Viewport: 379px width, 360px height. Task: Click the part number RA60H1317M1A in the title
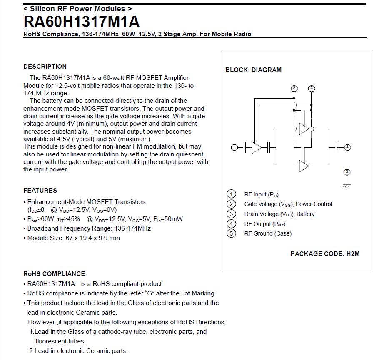pyautogui.click(x=82, y=22)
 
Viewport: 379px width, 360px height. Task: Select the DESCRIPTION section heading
pyautogui.click(x=45, y=67)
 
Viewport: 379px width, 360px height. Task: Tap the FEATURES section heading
pyautogui.click(x=40, y=191)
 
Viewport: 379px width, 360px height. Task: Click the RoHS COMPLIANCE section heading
pyautogui.click(x=54, y=274)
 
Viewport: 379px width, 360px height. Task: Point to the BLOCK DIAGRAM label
pyautogui.click(x=253, y=70)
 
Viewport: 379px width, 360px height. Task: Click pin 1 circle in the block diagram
pyautogui.click(x=234, y=147)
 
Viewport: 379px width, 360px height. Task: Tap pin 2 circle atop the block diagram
pyautogui.click(x=294, y=88)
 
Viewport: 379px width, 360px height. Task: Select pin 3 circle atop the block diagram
pyautogui.click(x=312, y=88)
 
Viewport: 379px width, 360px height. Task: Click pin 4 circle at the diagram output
pyautogui.click(x=347, y=147)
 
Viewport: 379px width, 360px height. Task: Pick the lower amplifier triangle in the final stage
pyautogui.click(x=304, y=166)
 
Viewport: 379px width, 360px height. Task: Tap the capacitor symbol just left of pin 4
pyautogui.click(x=336, y=147)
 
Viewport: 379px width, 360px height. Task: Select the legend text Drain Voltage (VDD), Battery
pyautogui.click(x=279, y=214)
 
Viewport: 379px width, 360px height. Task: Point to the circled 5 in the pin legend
pyautogui.click(x=231, y=233)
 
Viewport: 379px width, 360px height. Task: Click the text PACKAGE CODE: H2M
pyautogui.click(x=325, y=254)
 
